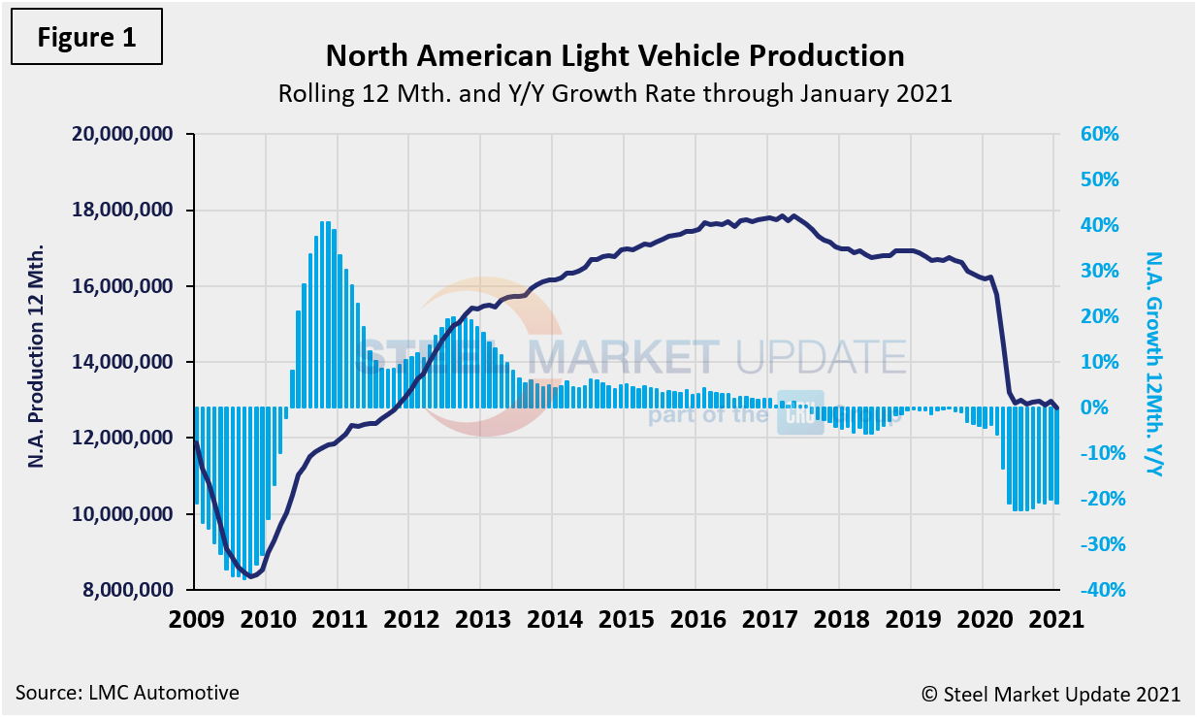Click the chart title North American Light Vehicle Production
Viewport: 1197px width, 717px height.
pyautogui.click(x=614, y=56)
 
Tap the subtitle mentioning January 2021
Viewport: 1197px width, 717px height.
pyautogui.click(x=614, y=95)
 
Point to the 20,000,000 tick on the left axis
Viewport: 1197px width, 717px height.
pyautogui.click(x=122, y=134)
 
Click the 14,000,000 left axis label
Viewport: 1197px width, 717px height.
pyautogui.click(x=122, y=362)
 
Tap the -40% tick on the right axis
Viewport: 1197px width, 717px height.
pyautogui.click(x=1096, y=590)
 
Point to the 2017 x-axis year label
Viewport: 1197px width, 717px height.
pyautogui.click(x=767, y=619)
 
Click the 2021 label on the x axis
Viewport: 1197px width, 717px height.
pyautogui.click(x=1054, y=619)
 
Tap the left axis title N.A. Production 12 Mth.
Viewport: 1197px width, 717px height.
pyautogui.click(x=37, y=362)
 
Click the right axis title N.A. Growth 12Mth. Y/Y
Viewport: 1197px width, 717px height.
pyautogui.click(x=1153, y=364)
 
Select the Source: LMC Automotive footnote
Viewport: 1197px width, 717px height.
pyautogui.click(x=127, y=693)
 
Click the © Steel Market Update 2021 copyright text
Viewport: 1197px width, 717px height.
pyautogui.click(x=1051, y=694)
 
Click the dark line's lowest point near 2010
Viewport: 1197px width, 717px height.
pyautogui.click(x=251, y=576)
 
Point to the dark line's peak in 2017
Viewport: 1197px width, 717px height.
pyautogui.click(x=793, y=215)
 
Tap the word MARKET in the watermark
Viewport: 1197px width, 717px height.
pyautogui.click(x=622, y=356)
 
